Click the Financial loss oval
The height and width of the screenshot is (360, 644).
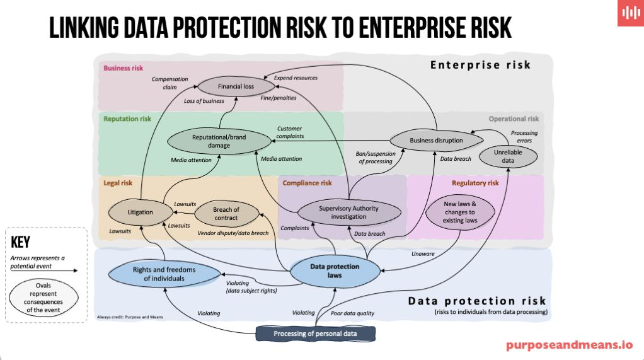tap(235, 86)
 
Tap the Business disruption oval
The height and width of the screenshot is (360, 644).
tap(436, 140)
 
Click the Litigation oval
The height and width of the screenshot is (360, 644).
tap(140, 212)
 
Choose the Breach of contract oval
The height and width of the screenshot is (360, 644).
tap(226, 213)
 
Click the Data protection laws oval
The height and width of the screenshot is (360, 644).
tap(335, 270)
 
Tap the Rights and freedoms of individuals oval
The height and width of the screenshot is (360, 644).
tap(164, 274)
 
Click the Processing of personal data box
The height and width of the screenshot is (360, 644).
tap(316, 334)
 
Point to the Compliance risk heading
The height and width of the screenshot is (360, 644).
tap(307, 183)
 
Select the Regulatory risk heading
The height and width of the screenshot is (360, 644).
tap(475, 183)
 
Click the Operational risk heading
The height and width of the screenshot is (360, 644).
tap(514, 119)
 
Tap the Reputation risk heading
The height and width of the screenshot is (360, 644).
tap(127, 119)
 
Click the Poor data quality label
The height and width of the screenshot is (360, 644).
tap(352, 313)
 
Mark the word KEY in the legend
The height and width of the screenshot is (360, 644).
tap(21, 243)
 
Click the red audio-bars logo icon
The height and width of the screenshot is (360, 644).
tap(630, 14)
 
